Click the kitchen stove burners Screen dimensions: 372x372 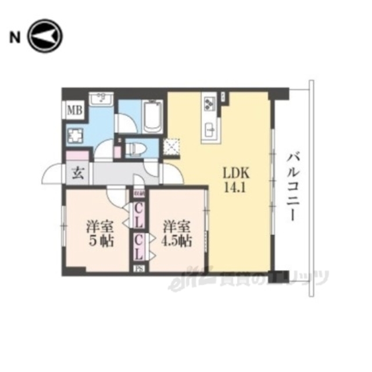pos(209,103)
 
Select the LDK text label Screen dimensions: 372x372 pos(234,173)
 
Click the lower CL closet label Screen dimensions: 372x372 pos(139,246)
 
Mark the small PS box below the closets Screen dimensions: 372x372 pos(139,268)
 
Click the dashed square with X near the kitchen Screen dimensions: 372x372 pos(173,146)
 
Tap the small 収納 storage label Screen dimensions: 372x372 pos(139,193)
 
